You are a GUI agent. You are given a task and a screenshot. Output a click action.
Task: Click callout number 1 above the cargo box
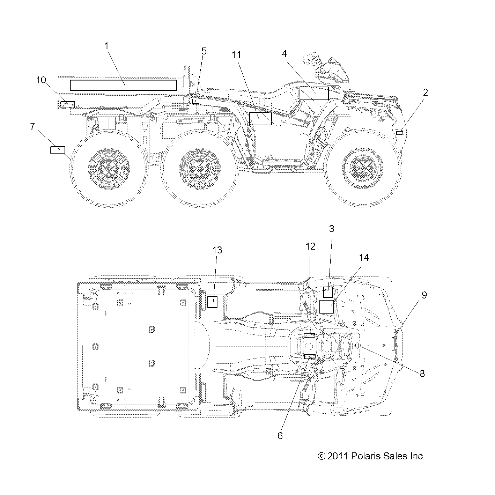(x=107, y=45)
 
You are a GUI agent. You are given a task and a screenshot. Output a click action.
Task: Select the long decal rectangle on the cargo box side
(x=124, y=85)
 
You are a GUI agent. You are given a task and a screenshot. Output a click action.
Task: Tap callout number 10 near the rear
(x=41, y=80)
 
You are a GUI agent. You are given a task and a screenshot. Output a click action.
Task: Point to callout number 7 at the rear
(x=32, y=126)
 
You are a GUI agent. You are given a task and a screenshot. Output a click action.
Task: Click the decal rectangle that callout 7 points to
(x=57, y=150)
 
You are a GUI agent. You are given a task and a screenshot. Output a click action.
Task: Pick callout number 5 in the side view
(x=204, y=51)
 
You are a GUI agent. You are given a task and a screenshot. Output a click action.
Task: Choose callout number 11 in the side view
(x=236, y=55)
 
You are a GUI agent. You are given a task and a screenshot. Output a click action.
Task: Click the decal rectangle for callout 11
(x=260, y=119)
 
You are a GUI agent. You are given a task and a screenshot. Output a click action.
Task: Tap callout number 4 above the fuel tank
(x=284, y=53)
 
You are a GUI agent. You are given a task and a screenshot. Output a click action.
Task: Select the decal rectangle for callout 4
(x=313, y=94)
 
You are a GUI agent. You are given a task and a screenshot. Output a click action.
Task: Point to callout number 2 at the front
(x=425, y=92)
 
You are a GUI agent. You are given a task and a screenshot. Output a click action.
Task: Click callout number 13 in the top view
(x=217, y=250)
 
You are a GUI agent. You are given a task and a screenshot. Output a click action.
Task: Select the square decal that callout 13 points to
(x=212, y=301)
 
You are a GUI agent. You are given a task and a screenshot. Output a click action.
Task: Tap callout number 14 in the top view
(x=363, y=258)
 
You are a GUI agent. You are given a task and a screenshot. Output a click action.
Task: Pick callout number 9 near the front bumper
(x=424, y=295)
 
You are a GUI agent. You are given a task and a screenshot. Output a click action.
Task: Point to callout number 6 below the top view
(x=280, y=436)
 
